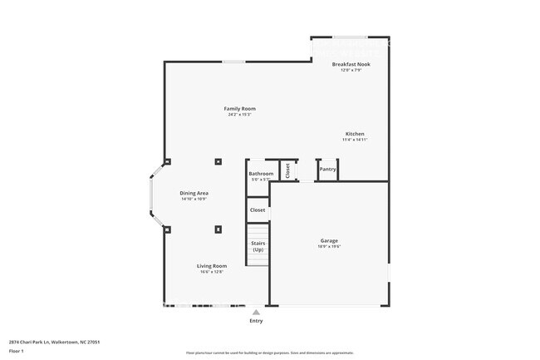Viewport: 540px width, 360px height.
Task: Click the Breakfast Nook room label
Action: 351,64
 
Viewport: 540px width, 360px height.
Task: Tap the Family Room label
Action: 239,109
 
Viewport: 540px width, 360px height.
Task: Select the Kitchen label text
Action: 355,134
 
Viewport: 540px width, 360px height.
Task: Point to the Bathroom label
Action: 261,174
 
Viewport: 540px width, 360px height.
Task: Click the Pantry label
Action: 328,170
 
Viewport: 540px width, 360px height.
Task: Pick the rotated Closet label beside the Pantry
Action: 288,170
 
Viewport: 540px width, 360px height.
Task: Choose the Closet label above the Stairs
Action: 258,210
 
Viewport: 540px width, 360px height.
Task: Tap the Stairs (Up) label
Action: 258,246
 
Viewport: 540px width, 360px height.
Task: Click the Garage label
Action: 329,240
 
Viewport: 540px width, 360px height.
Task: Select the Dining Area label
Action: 194,193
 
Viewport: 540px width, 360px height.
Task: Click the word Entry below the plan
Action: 256,321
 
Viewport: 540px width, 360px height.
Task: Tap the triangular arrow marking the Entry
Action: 256,313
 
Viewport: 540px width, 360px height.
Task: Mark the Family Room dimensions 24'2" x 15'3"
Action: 239,115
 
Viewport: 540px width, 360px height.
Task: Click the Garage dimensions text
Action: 329,246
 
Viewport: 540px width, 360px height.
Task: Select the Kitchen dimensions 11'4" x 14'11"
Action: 355,140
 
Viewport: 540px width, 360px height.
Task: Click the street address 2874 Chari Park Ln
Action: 49,341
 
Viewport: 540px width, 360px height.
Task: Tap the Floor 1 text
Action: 17,352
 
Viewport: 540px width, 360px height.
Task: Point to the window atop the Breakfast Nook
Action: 350,37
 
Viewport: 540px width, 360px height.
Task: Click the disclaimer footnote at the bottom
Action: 270,353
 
